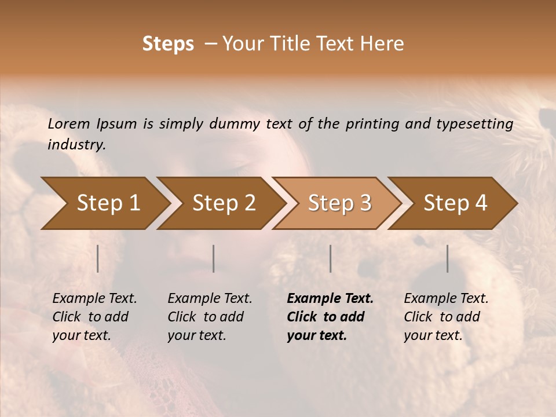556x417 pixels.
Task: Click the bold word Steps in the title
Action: point(168,44)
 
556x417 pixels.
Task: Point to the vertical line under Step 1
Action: point(98,258)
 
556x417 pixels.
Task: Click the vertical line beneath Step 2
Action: point(214,258)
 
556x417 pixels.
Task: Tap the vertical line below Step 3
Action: point(331,258)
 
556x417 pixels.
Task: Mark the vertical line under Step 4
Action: point(448,258)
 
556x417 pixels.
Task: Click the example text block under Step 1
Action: point(94,317)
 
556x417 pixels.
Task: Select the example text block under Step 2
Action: point(210,317)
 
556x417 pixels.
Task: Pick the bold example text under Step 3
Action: point(330,317)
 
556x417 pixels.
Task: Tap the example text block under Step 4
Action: point(446,317)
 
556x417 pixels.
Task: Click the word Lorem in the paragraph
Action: point(68,123)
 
